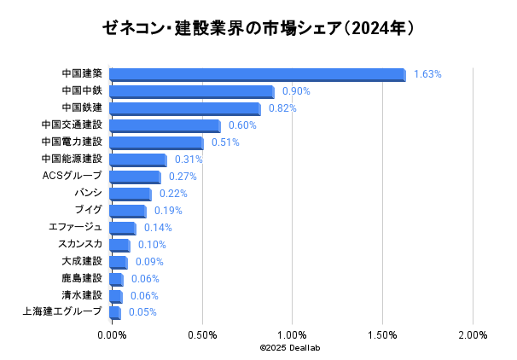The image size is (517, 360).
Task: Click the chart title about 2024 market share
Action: pos(258,28)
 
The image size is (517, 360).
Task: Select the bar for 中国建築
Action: pos(257,74)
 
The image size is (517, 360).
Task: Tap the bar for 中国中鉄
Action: pos(191,91)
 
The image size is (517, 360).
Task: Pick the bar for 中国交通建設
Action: pos(164,125)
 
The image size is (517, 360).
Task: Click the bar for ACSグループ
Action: pos(134,177)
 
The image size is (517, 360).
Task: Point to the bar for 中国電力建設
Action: pos(156,142)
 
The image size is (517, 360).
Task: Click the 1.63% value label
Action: pos(427,74)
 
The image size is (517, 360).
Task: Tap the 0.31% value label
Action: pos(188,160)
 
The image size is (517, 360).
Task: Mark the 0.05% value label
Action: pos(142,312)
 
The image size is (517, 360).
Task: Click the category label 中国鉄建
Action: pos(82,107)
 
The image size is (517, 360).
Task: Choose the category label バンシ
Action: pos(88,193)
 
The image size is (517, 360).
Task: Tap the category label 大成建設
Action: pos(82,261)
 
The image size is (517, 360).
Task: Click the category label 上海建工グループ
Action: pos(62,311)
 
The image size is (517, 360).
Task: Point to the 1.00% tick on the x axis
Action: pos(292,335)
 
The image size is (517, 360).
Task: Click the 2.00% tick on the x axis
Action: pos(473,335)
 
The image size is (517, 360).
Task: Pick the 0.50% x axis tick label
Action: pos(201,335)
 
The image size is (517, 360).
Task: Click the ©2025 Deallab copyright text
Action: pos(290,348)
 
